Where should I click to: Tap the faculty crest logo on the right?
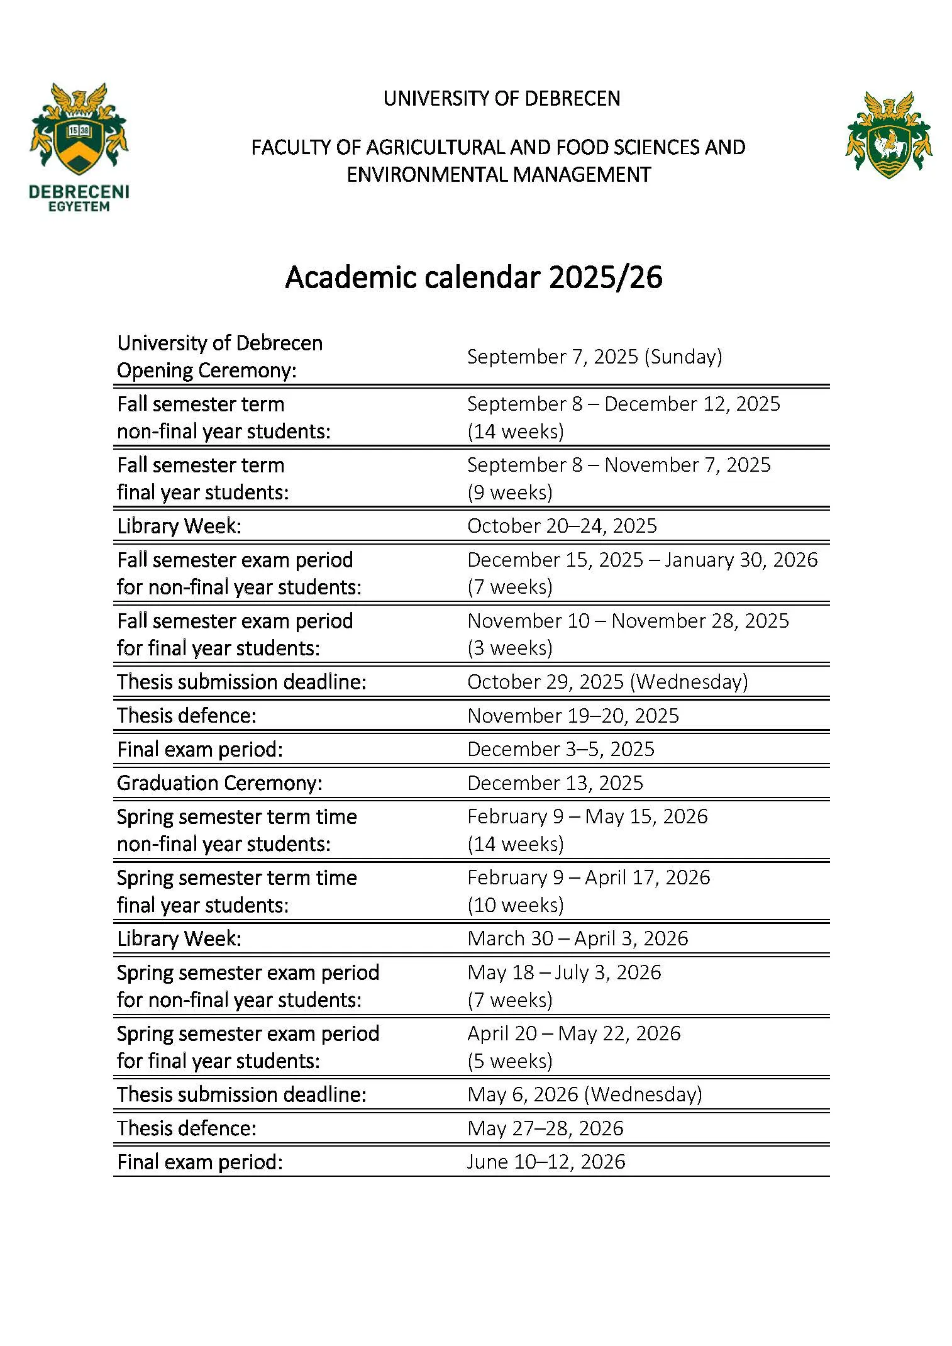[888, 135]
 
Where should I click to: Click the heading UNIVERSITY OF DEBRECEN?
[502, 99]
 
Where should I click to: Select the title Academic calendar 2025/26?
[473, 277]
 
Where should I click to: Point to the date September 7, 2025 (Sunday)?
[594, 357]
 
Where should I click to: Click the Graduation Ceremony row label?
[219, 783]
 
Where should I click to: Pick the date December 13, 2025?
[555, 783]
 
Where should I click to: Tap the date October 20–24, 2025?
[562, 526]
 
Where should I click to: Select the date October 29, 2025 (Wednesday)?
[607, 682]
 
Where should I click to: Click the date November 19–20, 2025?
[573, 716]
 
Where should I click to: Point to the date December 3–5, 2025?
[561, 749]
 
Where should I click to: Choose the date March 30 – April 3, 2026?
[578, 938]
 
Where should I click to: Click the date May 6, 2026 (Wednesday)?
[585, 1094]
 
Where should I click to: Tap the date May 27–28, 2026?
[545, 1128]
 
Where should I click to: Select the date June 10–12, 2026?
[546, 1162]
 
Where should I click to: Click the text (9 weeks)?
[510, 492]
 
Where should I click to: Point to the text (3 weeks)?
[510, 648]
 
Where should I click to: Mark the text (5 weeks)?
[510, 1061]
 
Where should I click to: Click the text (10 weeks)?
[516, 905]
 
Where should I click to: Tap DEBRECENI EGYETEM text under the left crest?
[79, 198]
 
